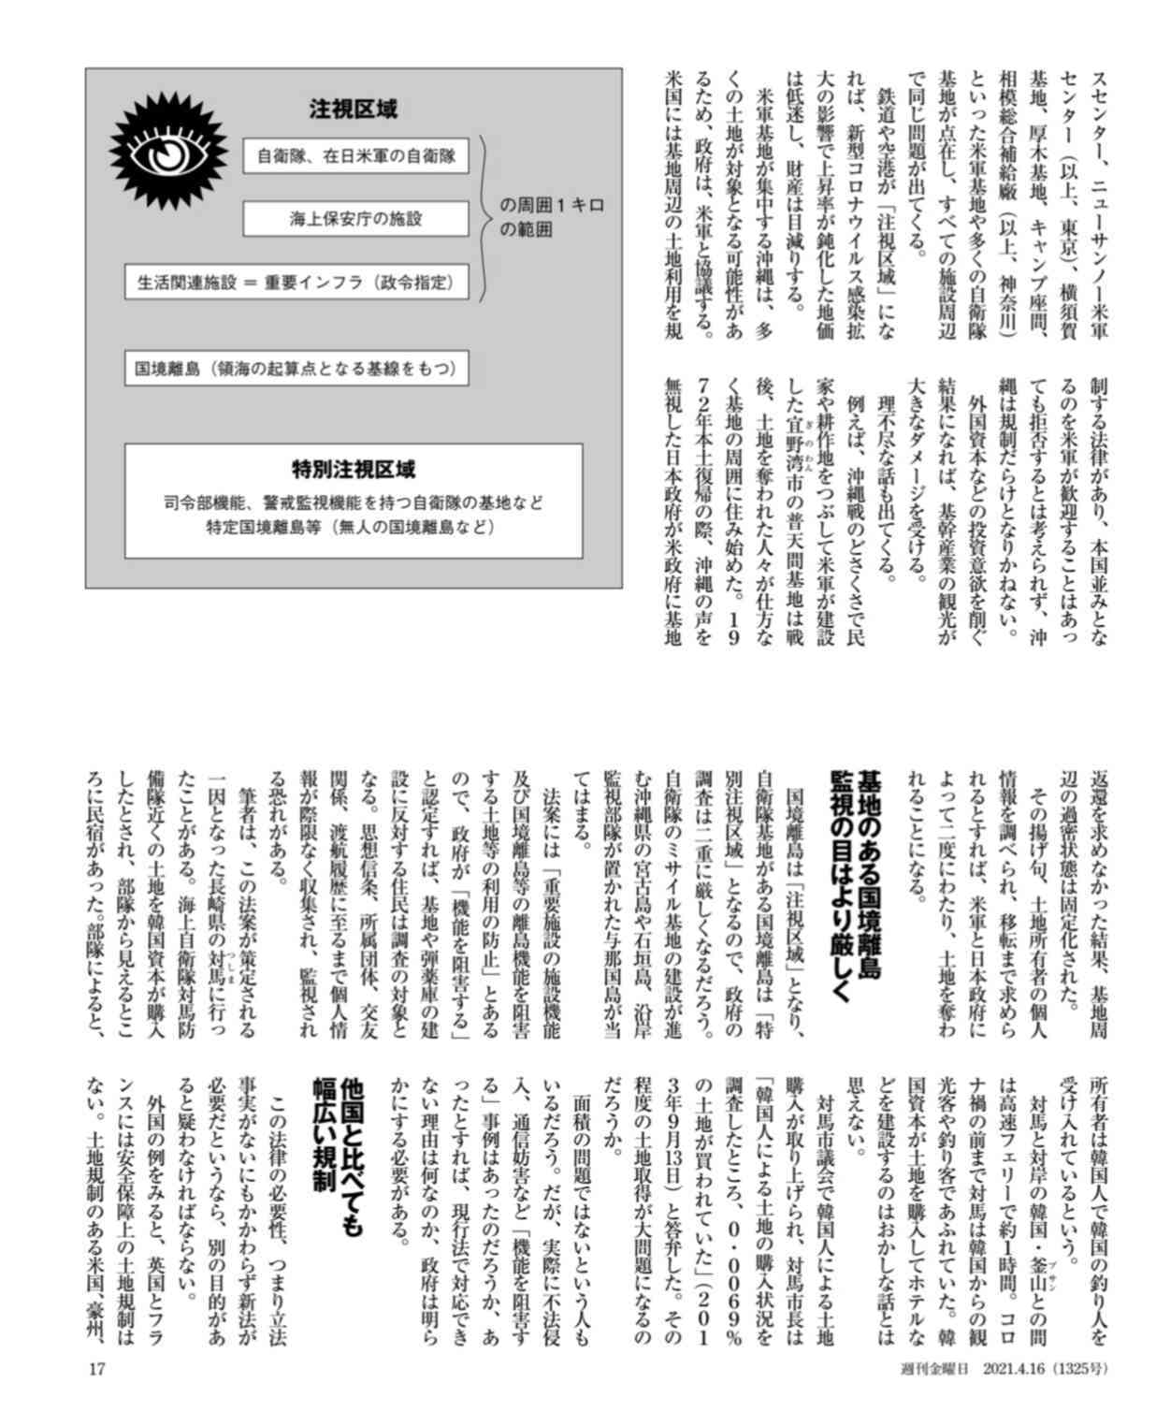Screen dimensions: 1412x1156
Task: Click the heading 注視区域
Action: tap(354, 109)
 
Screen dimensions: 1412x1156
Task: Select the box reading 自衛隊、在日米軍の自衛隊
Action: tap(355, 157)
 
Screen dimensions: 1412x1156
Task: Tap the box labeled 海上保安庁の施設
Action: tap(355, 219)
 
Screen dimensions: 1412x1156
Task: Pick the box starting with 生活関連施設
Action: tap(296, 281)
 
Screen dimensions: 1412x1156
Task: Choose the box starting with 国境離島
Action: tap(296, 369)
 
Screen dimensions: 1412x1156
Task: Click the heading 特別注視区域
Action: tap(354, 470)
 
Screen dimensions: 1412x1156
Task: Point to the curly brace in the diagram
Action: tap(484, 218)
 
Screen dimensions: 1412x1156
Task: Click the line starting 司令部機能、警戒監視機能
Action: tap(354, 503)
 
